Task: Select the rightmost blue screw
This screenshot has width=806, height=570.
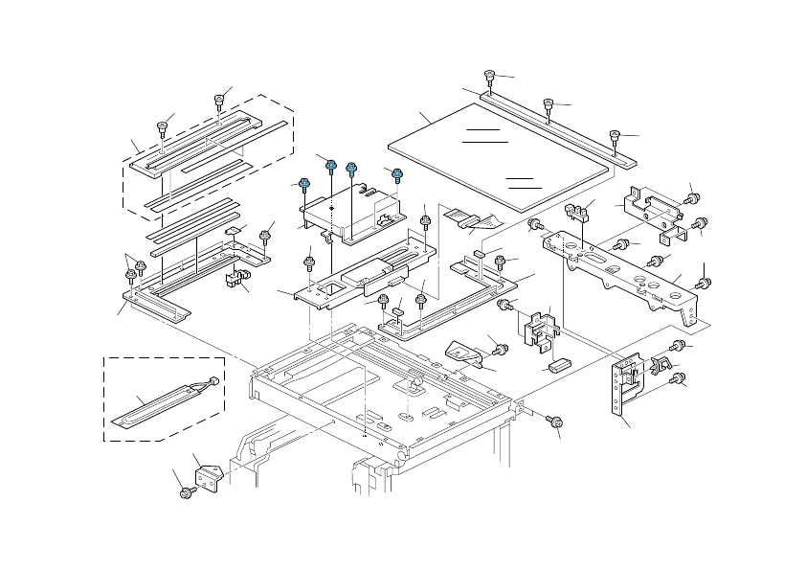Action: [398, 175]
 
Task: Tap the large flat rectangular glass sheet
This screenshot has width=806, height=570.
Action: [498, 153]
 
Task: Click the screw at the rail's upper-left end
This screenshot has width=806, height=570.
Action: [490, 76]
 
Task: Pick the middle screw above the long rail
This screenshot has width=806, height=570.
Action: [549, 104]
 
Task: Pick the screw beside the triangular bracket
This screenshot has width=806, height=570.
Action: [186, 492]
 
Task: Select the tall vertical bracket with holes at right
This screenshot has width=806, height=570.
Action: [621, 387]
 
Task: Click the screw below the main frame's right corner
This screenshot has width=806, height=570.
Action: [554, 422]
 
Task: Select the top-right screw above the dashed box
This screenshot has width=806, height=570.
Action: [221, 98]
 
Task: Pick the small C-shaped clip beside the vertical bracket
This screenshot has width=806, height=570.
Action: [659, 363]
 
